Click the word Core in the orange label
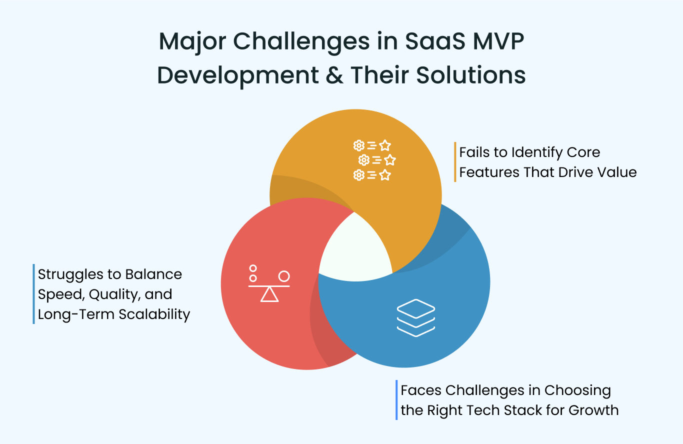click(580, 152)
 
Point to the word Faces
click(421, 390)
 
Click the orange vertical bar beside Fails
click(455, 162)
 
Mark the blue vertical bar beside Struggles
click(33, 294)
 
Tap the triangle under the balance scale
click(269, 295)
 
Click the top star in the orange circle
click(384, 145)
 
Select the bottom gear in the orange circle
click(358, 175)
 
